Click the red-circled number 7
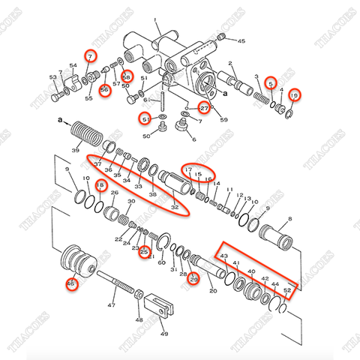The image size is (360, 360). tap(90, 57)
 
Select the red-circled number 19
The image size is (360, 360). tap(295, 95)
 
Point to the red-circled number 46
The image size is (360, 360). tap(72, 283)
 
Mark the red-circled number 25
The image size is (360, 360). tap(144, 253)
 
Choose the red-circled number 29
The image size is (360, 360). tap(193, 280)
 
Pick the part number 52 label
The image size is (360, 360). tap(288, 290)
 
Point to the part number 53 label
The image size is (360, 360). tap(53, 76)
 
